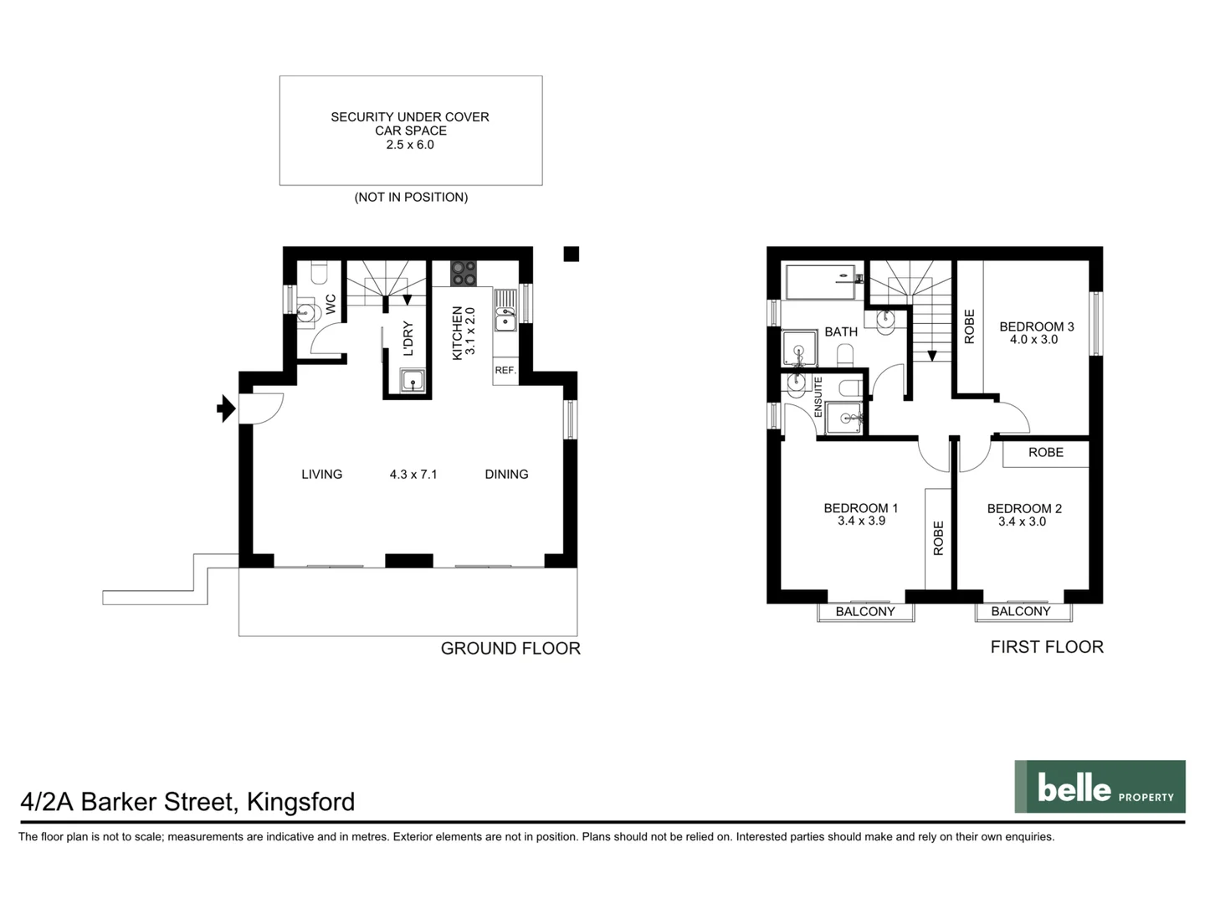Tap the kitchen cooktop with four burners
click(464, 274)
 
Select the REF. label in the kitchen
click(505, 370)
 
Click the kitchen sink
click(505, 319)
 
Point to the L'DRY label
click(408, 339)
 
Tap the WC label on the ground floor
click(331, 304)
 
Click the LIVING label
click(321, 475)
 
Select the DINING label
click(506, 475)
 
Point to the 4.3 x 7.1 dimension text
click(413, 475)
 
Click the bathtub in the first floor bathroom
click(820, 281)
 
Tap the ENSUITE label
click(818, 398)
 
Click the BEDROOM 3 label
click(1036, 326)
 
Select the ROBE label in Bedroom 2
click(1046, 453)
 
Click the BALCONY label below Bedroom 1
click(865, 612)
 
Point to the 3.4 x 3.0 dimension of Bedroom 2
click(1022, 521)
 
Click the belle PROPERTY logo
click(1100, 787)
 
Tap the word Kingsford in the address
click(301, 802)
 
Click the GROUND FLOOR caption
click(510, 649)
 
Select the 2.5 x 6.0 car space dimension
click(410, 145)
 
